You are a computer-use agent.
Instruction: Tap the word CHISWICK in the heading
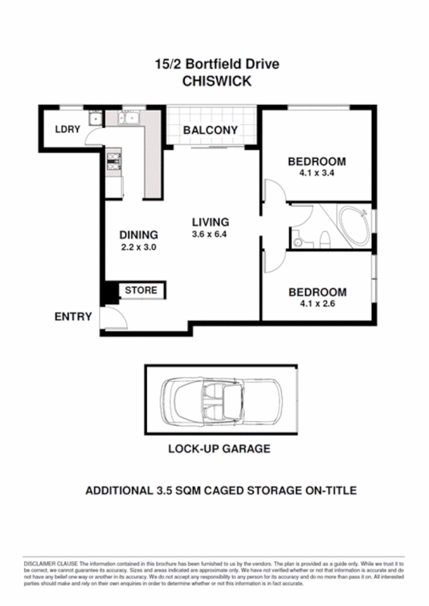(217, 81)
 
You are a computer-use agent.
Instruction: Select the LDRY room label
(66, 129)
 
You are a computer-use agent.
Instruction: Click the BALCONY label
(210, 131)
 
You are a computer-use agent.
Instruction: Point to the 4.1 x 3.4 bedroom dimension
(317, 172)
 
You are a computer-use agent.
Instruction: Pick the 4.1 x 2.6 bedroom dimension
(317, 303)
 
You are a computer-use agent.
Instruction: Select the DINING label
(138, 234)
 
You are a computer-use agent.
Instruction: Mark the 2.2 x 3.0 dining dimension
(138, 247)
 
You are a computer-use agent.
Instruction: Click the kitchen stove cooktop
(113, 162)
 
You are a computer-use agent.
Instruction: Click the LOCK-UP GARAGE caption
(219, 449)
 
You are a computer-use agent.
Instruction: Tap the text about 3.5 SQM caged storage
(221, 490)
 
